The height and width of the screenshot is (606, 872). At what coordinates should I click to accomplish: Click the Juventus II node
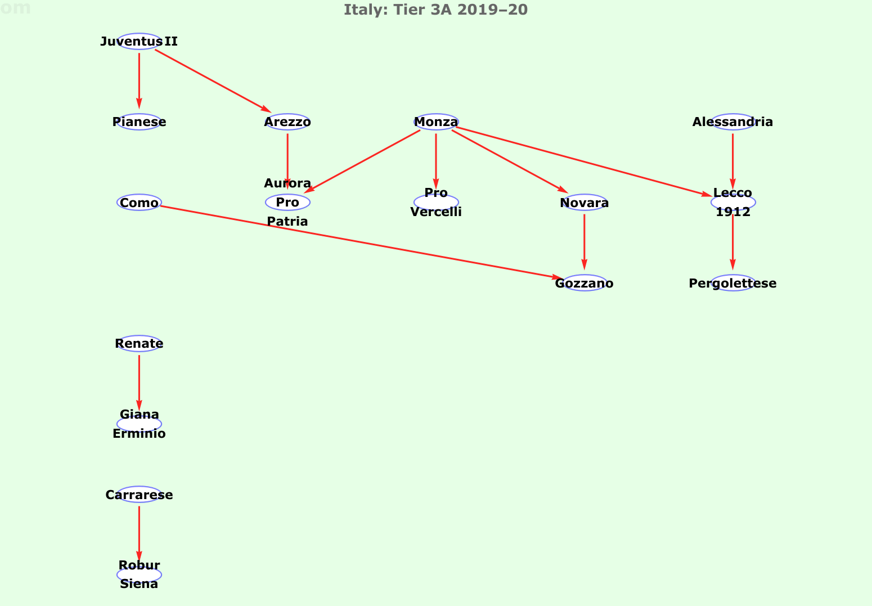coord(139,42)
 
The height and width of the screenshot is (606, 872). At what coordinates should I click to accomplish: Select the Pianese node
coord(139,122)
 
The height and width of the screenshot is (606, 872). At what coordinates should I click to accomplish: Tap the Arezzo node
coord(287,122)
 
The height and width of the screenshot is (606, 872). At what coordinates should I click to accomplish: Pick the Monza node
coord(436,122)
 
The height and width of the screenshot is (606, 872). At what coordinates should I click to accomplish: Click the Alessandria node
coord(732,122)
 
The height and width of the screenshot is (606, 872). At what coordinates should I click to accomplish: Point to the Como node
coord(139,203)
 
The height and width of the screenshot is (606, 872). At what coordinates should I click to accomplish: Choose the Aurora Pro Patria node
coord(287,203)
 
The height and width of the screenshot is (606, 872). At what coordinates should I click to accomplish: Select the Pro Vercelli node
coord(436,203)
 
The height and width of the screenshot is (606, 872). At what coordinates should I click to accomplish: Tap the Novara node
coord(585,203)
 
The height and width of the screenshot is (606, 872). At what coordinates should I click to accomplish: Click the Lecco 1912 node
coord(732,203)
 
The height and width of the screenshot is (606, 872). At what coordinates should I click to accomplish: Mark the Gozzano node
coord(585,283)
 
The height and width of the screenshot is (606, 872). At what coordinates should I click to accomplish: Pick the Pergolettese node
coord(732,283)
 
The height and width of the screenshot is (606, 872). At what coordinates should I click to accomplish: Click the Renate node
coord(139,344)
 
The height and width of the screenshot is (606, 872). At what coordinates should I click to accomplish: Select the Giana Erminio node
coord(139,424)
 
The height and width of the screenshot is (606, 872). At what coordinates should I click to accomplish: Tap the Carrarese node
coord(139,495)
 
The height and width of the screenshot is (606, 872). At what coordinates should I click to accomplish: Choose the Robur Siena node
coord(139,574)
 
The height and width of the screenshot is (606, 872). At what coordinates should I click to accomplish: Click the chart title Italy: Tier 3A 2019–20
coord(435,10)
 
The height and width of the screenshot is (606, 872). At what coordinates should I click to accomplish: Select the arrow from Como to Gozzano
coord(360,242)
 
